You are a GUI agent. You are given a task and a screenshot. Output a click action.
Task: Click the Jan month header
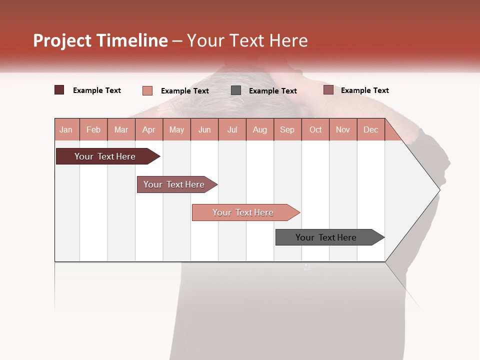click(x=66, y=129)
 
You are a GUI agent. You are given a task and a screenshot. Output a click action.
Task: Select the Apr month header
click(x=149, y=129)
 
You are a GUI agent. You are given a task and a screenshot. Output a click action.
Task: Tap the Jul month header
click(x=232, y=129)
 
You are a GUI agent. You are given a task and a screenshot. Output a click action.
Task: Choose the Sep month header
click(x=287, y=129)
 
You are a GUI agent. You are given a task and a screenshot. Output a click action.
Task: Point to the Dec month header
click(x=370, y=129)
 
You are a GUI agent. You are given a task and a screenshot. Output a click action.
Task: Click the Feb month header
click(x=93, y=129)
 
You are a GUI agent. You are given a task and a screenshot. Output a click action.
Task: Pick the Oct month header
click(x=315, y=129)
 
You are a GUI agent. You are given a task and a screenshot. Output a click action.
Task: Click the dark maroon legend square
click(x=59, y=90)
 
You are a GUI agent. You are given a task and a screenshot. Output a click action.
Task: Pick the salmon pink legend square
click(x=147, y=90)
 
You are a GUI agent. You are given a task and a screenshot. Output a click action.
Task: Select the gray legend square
click(x=236, y=90)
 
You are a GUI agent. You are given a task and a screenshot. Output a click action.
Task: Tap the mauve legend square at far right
click(x=328, y=90)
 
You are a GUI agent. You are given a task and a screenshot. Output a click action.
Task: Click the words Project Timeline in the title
click(x=100, y=40)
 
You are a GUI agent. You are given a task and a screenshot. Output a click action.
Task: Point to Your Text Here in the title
click(x=247, y=40)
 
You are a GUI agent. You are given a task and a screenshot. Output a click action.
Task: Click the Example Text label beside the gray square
click(x=273, y=91)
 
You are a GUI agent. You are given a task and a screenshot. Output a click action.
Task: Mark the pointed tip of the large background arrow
click(x=438, y=189)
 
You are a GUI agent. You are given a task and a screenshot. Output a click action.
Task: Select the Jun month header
click(x=204, y=129)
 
